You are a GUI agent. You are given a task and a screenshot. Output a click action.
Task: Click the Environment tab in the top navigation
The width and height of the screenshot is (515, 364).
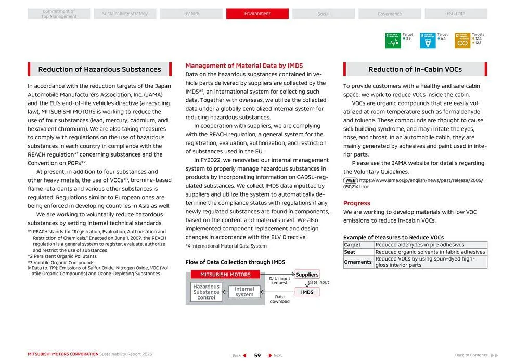[x=257, y=14]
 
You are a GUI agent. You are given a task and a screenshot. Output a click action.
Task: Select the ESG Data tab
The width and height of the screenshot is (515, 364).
[x=456, y=14]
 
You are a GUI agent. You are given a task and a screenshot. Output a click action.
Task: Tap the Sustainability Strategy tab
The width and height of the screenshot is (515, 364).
[x=125, y=14]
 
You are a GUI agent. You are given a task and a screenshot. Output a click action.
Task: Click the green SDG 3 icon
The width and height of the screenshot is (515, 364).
[x=393, y=41]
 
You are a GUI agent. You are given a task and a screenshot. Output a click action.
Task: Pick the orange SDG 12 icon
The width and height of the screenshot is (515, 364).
[x=462, y=41]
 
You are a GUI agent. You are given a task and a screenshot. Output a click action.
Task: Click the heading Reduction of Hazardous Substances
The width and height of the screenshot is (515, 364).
[x=99, y=69]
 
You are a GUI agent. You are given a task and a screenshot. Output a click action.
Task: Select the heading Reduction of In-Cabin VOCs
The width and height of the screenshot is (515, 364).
[x=415, y=69]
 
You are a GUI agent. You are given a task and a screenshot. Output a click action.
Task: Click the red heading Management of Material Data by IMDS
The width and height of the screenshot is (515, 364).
[x=244, y=66]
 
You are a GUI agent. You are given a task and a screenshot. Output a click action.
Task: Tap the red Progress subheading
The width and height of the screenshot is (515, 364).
[x=357, y=203]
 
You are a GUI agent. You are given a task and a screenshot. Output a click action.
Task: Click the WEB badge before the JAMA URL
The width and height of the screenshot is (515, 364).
[x=350, y=180]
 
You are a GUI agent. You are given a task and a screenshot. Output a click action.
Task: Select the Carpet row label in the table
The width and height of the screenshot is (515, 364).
[x=352, y=245]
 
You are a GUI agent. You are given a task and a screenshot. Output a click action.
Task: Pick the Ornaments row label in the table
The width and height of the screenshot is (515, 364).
[x=358, y=262]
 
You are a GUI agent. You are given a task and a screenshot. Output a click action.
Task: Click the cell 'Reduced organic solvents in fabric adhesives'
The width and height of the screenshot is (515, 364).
[x=430, y=252]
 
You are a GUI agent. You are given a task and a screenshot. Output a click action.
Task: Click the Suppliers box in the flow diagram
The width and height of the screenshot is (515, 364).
[x=307, y=275]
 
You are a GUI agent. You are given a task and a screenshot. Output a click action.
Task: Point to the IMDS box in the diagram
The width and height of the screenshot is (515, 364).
[x=307, y=292]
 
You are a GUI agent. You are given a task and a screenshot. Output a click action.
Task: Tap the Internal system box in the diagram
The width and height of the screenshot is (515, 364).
[x=244, y=292]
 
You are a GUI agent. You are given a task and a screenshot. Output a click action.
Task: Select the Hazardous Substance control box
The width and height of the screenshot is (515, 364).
[x=206, y=292]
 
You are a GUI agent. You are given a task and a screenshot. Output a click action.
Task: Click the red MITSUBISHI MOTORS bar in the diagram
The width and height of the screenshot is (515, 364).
[x=225, y=275]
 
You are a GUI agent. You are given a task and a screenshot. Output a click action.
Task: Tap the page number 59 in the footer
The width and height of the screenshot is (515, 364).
[x=257, y=355]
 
